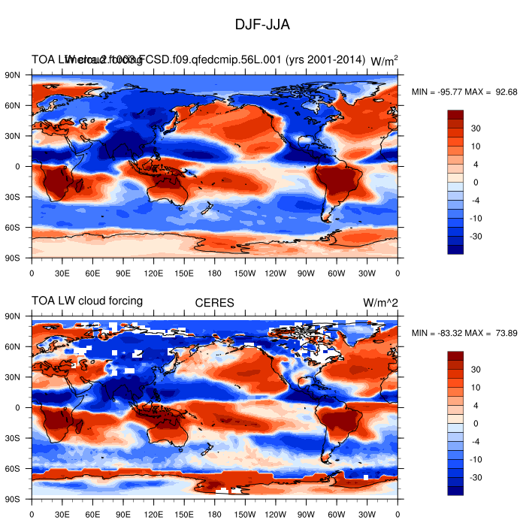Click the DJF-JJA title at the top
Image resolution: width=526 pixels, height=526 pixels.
click(262, 24)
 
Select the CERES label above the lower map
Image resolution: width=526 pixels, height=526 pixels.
click(214, 303)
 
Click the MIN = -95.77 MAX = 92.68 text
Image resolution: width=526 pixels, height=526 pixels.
click(464, 92)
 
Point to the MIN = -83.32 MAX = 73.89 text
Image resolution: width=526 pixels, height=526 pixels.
click(464, 333)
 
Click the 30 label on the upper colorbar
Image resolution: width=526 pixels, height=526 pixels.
click(476, 128)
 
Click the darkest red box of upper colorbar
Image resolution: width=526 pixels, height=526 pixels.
click(456, 114)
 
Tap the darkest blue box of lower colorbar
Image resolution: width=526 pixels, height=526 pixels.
click(456, 491)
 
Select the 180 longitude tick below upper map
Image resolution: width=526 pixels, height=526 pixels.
click(215, 274)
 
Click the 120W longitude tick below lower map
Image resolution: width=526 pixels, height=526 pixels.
click(276, 515)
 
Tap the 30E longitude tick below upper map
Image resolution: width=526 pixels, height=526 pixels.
click(62, 274)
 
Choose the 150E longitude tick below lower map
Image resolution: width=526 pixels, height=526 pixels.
click(184, 515)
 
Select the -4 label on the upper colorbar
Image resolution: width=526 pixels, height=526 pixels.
click(476, 200)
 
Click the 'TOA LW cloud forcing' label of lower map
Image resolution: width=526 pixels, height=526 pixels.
click(87, 301)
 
